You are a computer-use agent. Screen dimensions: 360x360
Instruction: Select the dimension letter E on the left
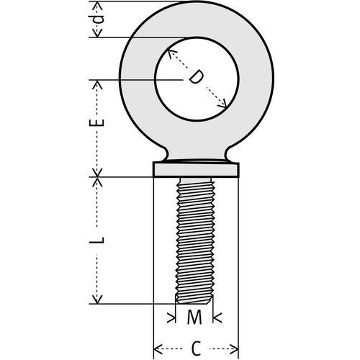pos(99,122)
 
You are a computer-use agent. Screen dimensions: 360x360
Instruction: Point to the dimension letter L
pos(100,239)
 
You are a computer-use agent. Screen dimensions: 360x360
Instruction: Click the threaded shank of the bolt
pos(196,238)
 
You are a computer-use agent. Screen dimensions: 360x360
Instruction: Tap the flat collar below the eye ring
pos(196,170)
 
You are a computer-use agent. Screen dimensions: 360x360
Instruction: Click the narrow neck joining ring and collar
pos(196,156)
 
